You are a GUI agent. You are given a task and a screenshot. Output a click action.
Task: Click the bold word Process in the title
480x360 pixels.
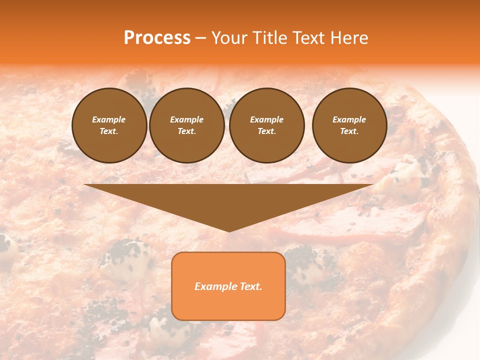[157, 38]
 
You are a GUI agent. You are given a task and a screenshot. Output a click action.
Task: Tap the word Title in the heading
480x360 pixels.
[268, 38]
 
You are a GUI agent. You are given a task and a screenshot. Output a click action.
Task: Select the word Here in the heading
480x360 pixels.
[349, 38]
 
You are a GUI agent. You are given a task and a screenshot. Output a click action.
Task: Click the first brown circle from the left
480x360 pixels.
[109, 125]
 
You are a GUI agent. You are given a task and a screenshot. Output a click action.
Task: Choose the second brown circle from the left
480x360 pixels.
[187, 125]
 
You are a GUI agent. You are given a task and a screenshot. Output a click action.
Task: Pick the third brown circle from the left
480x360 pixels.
[266, 125]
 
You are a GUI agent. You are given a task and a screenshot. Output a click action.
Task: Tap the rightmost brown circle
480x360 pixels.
[349, 125]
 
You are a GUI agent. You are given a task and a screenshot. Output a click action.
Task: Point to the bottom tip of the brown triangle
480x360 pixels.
[229, 231]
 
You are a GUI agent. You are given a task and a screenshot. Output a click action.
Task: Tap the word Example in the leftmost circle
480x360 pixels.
[109, 119]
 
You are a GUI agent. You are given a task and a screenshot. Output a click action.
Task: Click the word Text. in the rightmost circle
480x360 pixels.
[349, 131]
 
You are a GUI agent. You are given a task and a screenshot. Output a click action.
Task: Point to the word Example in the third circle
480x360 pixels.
[266, 119]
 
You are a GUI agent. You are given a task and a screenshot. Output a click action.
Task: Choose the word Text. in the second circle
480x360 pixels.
[187, 131]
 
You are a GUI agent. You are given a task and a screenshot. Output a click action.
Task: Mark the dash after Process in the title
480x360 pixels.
[201, 38]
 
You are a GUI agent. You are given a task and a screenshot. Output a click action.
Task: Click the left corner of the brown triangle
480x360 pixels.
[84, 185]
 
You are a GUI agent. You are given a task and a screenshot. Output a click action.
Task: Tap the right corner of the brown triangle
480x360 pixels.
[372, 185]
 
